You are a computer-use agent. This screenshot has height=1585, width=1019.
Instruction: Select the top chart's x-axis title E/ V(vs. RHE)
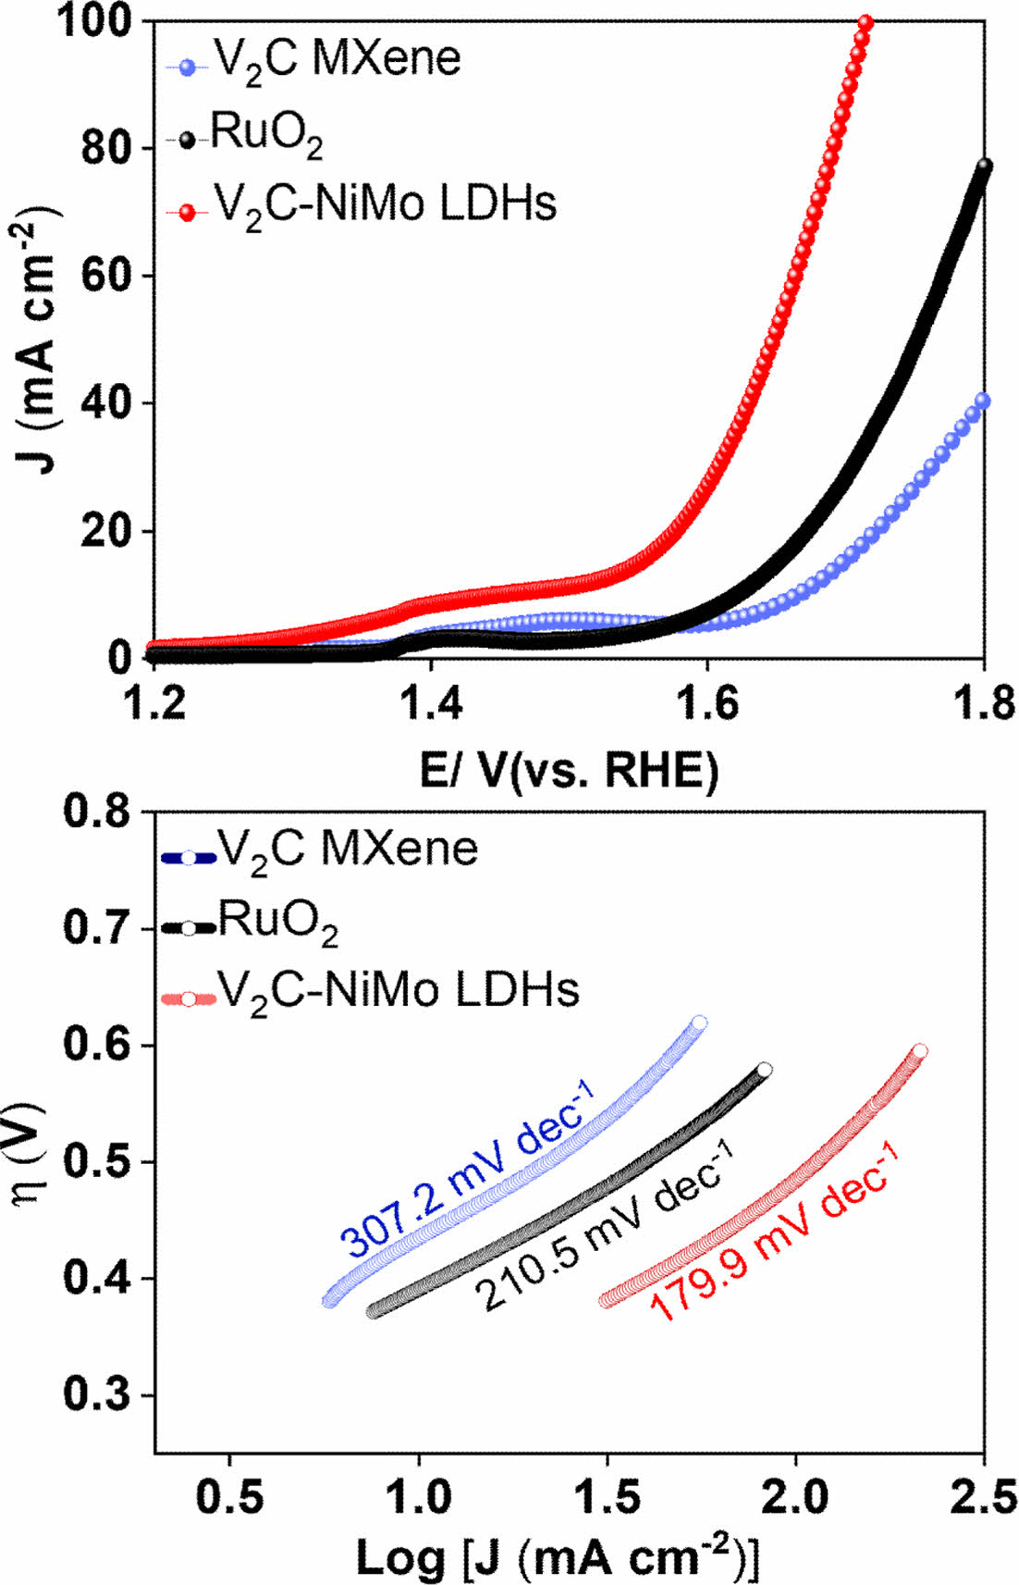569,770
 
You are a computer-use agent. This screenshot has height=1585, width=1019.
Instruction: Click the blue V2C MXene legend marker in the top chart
189,67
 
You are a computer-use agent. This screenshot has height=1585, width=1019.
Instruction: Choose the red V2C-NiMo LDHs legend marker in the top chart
189,212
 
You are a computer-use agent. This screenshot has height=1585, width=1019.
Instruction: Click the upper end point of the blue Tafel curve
700,1022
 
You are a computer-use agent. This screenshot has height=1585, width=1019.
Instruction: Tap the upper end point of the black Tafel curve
765,1070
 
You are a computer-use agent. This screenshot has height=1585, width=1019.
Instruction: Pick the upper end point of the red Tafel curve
920,1051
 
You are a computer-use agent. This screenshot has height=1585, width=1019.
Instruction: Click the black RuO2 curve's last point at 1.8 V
984,166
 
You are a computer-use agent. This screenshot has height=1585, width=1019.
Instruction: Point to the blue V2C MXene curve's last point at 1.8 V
983,401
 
